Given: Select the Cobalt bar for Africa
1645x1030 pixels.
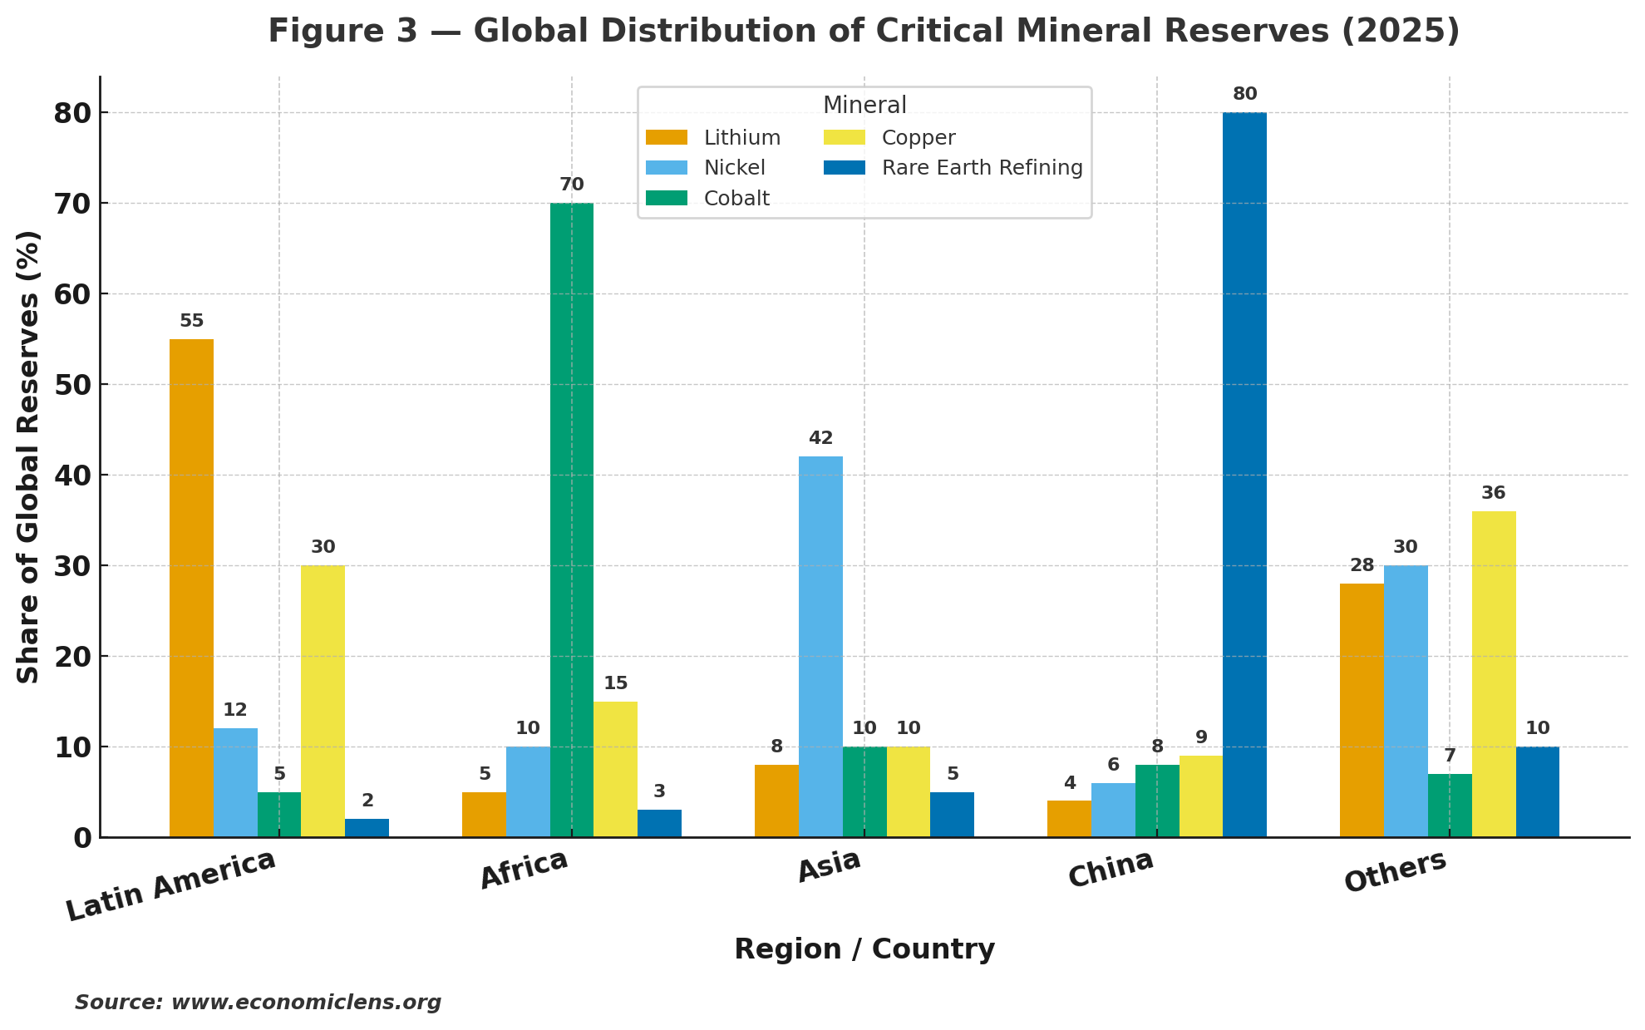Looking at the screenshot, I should point(572,520).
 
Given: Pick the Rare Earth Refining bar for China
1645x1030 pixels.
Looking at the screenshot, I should point(1244,474).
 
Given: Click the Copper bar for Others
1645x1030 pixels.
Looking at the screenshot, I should point(1494,673).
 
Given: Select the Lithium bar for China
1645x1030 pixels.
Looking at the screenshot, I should point(1069,819).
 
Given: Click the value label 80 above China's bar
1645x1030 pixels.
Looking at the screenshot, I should point(1244,94).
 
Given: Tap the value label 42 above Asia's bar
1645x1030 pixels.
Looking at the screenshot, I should point(820,438).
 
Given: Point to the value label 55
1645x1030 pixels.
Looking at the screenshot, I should point(191,321).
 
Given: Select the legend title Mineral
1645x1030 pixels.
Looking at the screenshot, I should point(864,106).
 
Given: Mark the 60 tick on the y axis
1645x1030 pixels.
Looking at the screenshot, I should point(72,294).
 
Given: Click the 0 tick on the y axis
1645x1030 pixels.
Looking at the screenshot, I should point(82,838).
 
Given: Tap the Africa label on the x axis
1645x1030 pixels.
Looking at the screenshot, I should point(524,870).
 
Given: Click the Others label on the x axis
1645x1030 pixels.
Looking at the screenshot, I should point(1396,872).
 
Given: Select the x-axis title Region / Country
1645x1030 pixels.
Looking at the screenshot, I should point(864,949).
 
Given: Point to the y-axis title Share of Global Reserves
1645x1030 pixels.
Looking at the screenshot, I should point(29,457).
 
